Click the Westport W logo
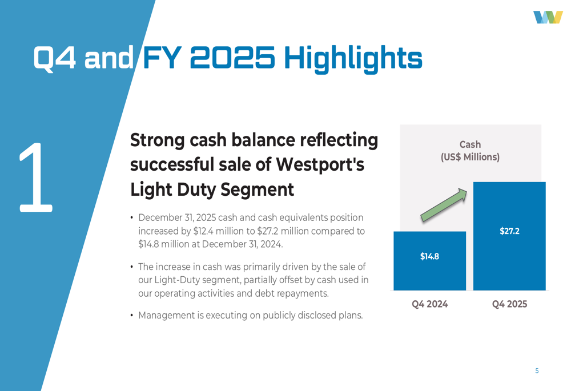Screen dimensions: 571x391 [548, 17]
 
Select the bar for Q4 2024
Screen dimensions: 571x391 [430, 261]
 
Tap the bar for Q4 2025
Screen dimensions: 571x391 [509, 236]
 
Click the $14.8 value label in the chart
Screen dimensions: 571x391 [430, 256]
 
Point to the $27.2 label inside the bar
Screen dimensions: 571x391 [509, 231]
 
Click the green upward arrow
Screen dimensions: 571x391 [444, 205]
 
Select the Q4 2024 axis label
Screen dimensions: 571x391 [430, 304]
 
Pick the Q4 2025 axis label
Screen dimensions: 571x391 [509, 304]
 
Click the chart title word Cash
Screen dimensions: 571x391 [470, 144]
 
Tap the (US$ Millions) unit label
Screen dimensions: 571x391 [470, 157]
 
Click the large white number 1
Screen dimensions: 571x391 [35, 178]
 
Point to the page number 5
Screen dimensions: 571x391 [537, 370]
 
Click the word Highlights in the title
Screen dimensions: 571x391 [353, 58]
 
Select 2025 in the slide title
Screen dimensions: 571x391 [232, 58]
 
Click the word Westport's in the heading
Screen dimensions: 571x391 [320, 164]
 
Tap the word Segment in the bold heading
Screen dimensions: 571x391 [257, 190]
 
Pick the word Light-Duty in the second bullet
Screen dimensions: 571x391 [177, 280]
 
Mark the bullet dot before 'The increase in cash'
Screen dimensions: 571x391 [131, 267]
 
